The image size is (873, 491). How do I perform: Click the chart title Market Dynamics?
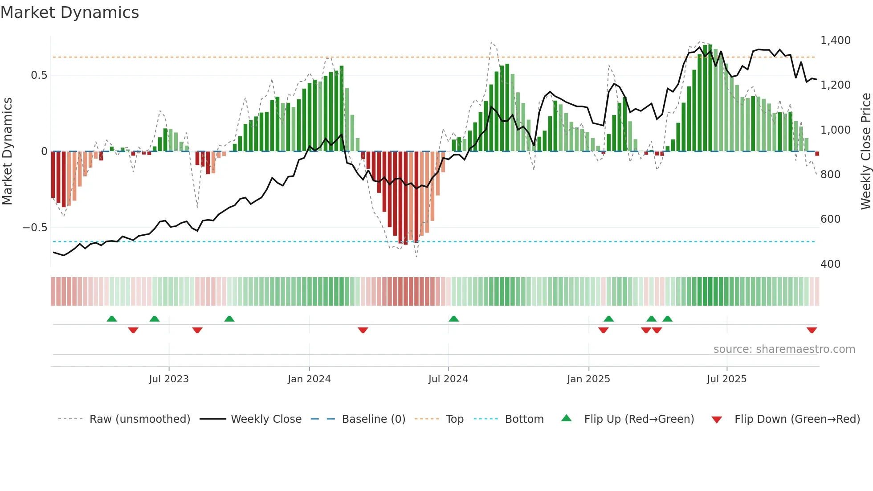coord(69,12)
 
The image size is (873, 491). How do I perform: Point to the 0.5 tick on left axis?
coord(39,75)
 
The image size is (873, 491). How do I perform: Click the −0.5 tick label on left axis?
coord(35,228)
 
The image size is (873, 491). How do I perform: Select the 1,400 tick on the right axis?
coord(835,41)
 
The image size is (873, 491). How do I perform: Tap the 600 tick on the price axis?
coord(830,219)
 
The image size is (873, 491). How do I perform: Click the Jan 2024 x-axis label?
coord(309,379)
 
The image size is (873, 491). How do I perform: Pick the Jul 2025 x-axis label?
coord(726,379)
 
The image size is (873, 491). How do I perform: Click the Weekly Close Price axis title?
coord(865,151)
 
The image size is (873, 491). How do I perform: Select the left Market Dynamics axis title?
coord(7,151)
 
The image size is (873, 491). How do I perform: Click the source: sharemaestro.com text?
coord(784,349)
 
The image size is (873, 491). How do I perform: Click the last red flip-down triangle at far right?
coord(812,330)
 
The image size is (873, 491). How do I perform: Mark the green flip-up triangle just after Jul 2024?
coord(453,319)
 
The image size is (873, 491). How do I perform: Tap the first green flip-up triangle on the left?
coord(112,319)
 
